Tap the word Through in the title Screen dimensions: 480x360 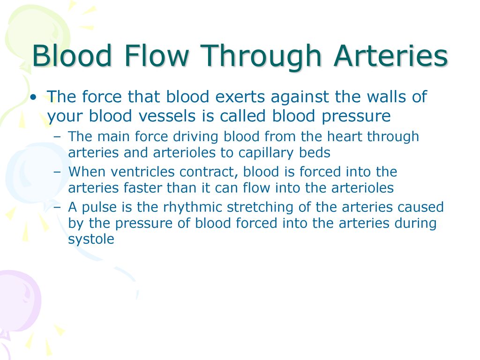261,58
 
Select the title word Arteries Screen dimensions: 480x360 390,56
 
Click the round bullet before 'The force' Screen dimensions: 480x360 33,97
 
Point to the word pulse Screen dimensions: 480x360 99,208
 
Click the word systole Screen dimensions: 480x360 91,240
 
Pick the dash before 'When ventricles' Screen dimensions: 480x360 57,172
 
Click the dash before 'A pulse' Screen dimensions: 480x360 57,207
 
